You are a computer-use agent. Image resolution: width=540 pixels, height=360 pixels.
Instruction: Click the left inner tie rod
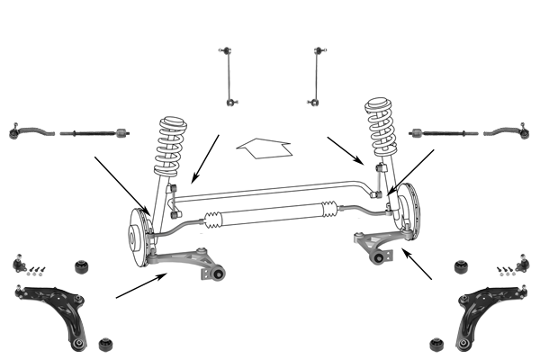95,135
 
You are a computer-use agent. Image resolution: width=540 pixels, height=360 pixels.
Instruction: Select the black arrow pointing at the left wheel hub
121,184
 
